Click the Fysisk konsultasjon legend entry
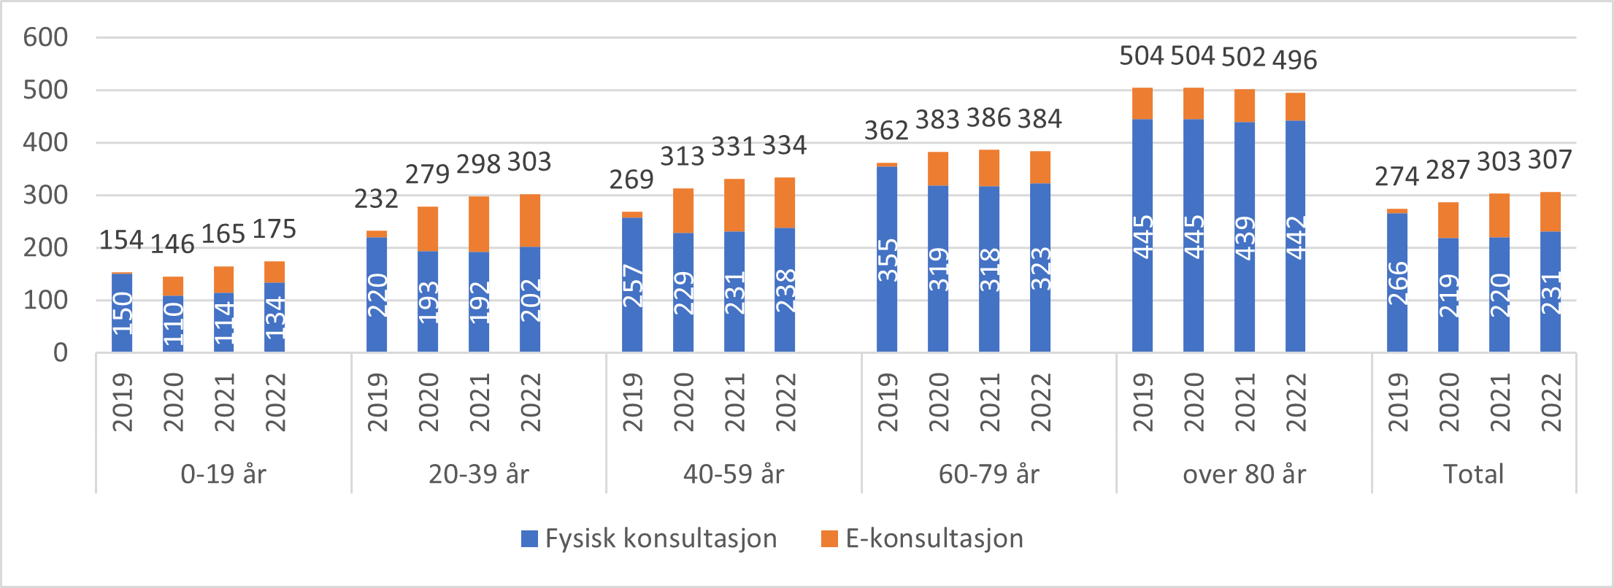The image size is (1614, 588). pyautogui.click(x=649, y=538)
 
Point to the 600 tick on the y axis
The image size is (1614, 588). pyautogui.click(x=45, y=37)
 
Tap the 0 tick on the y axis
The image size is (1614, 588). pyautogui.click(x=61, y=353)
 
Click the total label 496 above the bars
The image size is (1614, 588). pyautogui.click(x=1294, y=60)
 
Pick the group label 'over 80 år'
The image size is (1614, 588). pyautogui.click(x=1244, y=474)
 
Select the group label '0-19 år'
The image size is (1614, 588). pyautogui.click(x=223, y=474)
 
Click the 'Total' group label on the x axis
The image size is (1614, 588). pyautogui.click(x=1473, y=474)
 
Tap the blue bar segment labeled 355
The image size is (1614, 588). pyautogui.click(x=887, y=260)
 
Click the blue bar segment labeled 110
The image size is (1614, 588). pyautogui.click(x=173, y=324)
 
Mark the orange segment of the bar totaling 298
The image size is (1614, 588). pyautogui.click(x=479, y=224)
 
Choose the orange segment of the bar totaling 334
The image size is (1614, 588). pyautogui.click(x=785, y=203)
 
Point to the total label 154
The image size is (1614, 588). pyautogui.click(x=121, y=239)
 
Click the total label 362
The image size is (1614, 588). pyautogui.click(x=886, y=131)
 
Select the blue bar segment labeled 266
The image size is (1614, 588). pyautogui.click(x=1396, y=283)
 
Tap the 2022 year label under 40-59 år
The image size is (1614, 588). pyautogui.click(x=785, y=402)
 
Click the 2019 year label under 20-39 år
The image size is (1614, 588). pyautogui.click(x=377, y=402)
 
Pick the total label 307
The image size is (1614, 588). pyautogui.click(x=1549, y=160)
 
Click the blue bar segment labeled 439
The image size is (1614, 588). pyautogui.click(x=1244, y=237)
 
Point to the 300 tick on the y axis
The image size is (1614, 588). pyautogui.click(x=45, y=196)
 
